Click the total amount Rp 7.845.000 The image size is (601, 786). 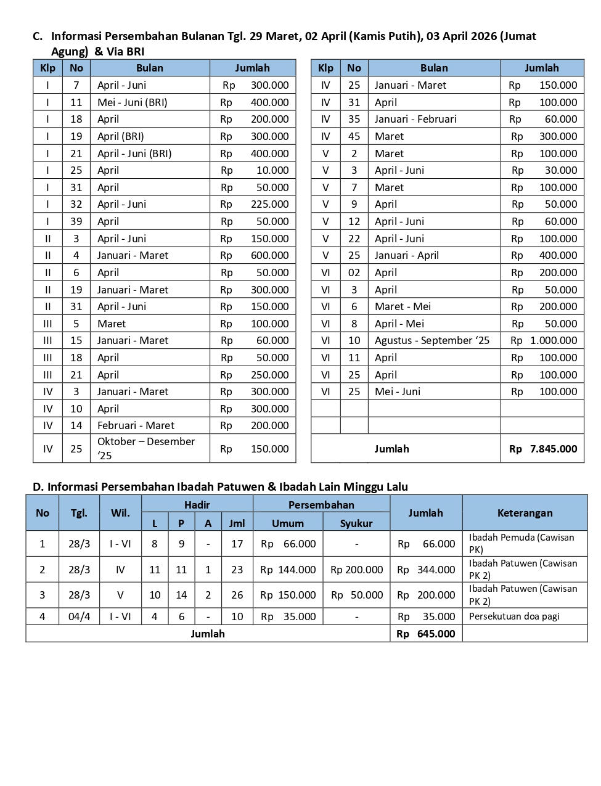tap(542, 449)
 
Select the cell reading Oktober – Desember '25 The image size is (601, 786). tap(146, 448)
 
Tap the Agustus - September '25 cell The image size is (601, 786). tap(432, 340)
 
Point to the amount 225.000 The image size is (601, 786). tap(269, 204)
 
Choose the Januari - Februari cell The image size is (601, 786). tap(415, 119)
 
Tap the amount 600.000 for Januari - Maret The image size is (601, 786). tap(269, 255)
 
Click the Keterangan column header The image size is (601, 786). tap(525, 513)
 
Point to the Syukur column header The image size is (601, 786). tap(356, 523)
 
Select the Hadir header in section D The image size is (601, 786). tap(197, 505)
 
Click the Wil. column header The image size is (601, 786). tap(120, 513)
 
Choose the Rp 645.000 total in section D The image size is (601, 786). tap(426, 634)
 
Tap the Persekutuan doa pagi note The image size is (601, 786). tap(514, 616)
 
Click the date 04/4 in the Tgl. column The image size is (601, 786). tap(79, 616)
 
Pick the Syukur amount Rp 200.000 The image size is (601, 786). tap(356, 570)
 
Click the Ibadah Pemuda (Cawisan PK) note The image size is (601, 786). tap(521, 543)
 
